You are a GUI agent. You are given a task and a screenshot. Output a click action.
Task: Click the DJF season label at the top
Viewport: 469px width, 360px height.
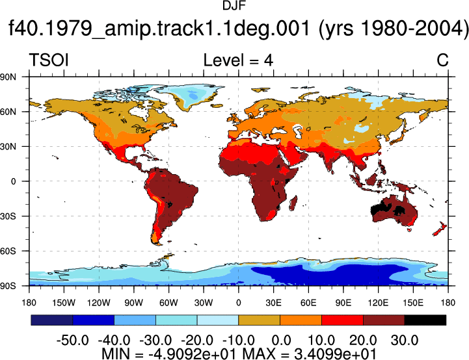(x=234, y=6)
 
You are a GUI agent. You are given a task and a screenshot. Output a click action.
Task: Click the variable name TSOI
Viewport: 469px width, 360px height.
(x=49, y=60)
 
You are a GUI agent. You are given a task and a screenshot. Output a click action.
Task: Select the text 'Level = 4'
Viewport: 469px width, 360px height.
(x=238, y=60)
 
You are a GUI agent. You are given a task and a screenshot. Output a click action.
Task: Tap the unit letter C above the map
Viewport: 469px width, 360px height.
(x=442, y=60)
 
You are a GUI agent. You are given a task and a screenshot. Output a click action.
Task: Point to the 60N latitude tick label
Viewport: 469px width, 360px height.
(x=8, y=112)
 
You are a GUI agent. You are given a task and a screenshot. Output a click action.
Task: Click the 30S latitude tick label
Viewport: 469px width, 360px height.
(x=8, y=216)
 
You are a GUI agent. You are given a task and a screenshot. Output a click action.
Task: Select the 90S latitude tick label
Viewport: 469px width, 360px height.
(x=8, y=286)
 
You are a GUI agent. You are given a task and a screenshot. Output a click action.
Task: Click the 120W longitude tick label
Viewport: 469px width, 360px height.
(x=99, y=303)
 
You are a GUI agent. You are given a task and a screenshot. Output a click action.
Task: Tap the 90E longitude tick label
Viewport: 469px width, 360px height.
(x=343, y=303)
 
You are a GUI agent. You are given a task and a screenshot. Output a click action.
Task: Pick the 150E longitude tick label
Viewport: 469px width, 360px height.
(x=413, y=303)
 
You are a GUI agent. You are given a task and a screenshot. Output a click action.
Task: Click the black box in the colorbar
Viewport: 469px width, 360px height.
(x=425, y=320)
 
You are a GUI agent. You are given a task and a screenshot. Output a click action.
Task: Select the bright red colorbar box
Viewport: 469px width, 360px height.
(x=342, y=320)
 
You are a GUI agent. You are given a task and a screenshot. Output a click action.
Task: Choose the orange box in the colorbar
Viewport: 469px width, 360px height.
(x=301, y=320)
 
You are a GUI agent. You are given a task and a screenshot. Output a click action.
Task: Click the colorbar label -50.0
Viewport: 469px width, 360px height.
(x=73, y=340)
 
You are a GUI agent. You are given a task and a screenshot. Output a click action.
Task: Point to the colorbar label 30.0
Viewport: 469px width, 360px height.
(x=405, y=340)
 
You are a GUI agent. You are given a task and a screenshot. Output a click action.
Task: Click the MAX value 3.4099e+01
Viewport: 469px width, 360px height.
(x=335, y=354)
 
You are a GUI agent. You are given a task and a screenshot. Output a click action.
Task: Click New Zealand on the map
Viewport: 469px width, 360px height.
(x=440, y=229)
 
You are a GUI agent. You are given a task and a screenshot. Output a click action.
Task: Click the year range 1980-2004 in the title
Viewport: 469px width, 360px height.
(x=394, y=28)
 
